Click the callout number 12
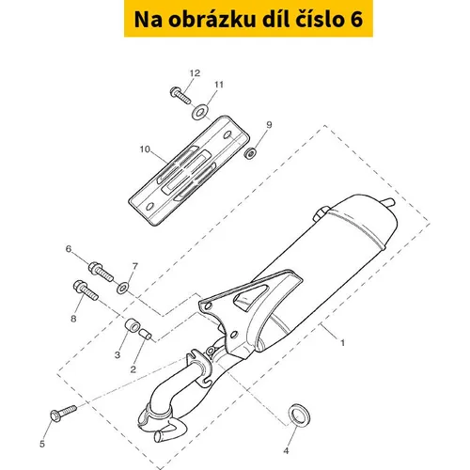pyautogui.click(x=195, y=73)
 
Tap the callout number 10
pyautogui.click(x=145, y=149)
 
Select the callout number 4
pyautogui.click(x=286, y=451)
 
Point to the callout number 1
pyautogui.click(x=342, y=343)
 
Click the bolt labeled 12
pyautogui.click(x=180, y=94)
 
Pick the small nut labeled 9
pyautogui.click(x=250, y=153)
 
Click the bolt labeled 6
pyautogui.click(x=101, y=272)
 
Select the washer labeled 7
pyautogui.click(x=122, y=288)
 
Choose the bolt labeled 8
pyautogui.click(x=86, y=290)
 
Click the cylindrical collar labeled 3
pyautogui.click(x=133, y=325)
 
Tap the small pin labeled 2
pyautogui.click(x=146, y=334)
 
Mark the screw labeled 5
pyautogui.click(x=63, y=414)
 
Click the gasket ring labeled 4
pyautogui.click(x=300, y=415)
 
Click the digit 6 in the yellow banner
pyautogui.click(x=355, y=20)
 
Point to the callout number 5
pyautogui.click(x=42, y=444)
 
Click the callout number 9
pyautogui.click(x=269, y=125)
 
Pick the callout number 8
pyautogui.click(x=73, y=319)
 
